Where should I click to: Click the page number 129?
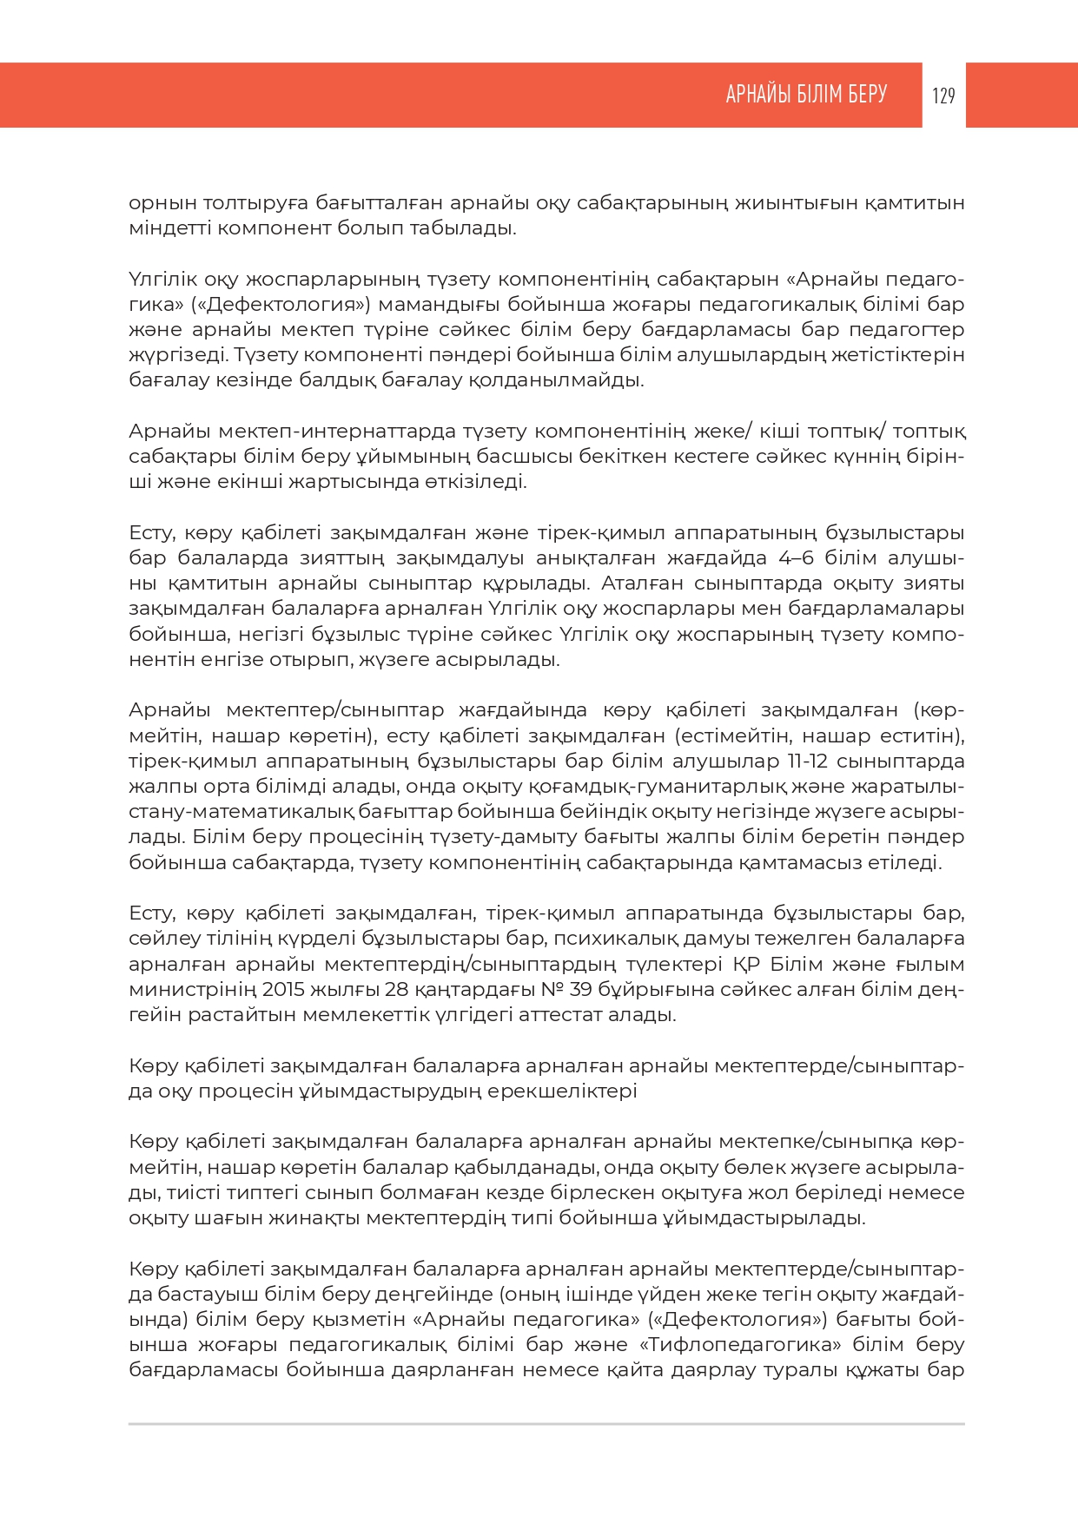[x=943, y=96]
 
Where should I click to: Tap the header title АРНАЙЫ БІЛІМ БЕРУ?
[x=806, y=95]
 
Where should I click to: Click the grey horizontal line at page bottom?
[x=546, y=1424]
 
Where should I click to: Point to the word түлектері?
[x=674, y=964]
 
